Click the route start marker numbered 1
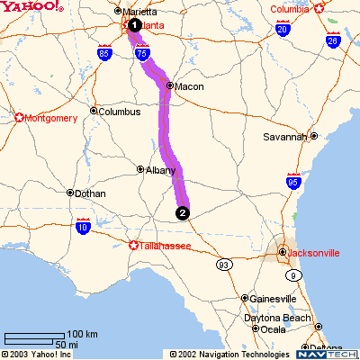click(x=133, y=25)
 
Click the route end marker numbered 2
click(x=183, y=213)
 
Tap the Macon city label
click(x=189, y=87)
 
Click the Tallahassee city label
click(x=167, y=245)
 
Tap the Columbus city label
click(x=119, y=112)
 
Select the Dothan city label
click(x=91, y=193)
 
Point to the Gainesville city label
click(x=274, y=298)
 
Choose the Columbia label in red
click(x=295, y=10)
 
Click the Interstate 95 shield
click(x=291, y=181)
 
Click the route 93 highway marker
click(x=223, y=265)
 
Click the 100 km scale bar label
click(x=83, y=335)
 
